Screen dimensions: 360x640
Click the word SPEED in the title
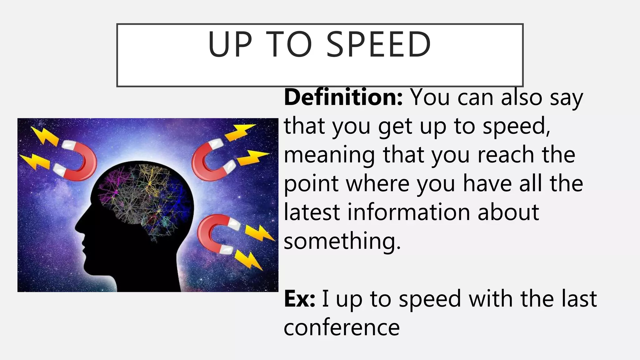[x=378, y=44]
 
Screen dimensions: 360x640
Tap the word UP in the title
[x=230, y=44]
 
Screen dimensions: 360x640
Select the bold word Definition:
[x=343, y=97]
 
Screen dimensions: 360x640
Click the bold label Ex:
[x=299, y=299]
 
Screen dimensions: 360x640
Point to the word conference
[x=342, y=327]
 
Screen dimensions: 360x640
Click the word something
[x=342, y=241]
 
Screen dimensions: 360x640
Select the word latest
[x=312, y=212]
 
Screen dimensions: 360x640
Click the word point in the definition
[x=311, y=184]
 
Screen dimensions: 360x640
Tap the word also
[x=522, y=97]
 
